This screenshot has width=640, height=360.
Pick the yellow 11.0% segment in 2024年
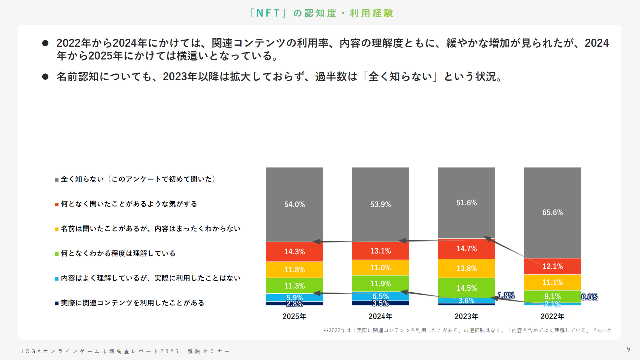[x=380, y=268]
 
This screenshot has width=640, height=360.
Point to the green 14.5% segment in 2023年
[x=466, y=288]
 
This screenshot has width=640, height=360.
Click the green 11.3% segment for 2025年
[x=294, y=286]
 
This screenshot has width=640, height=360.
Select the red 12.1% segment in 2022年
[x=552, y=266]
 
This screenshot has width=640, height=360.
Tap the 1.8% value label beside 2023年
[x=506, y=295]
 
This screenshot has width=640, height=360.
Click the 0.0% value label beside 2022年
[x=589, y=297]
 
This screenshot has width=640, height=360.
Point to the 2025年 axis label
[x=294, y=316]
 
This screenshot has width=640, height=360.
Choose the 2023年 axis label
[x=466, y=316]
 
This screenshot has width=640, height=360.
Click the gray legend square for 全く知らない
[x=57, y=180]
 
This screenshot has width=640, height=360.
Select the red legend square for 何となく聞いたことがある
[x=57, y=204]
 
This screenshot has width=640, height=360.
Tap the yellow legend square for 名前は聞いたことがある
[x=57, y=229]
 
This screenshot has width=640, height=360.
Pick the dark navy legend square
[x=57, y=303]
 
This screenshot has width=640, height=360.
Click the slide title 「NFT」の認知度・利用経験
[x=321, y=13]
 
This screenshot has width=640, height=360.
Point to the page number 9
[x=628, y=349]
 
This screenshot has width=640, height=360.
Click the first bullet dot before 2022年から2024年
[x=45, y=43]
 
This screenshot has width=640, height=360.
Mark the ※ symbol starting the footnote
[x=326, y=330]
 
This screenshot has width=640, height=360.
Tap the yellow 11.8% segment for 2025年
[x=294, y=269]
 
